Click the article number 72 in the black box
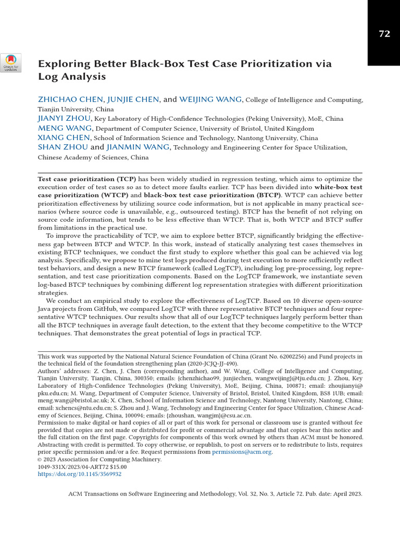[x=384, y=34]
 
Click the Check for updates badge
[x=11, y=63]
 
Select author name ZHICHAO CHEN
[x=70, y=99]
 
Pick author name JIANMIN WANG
[x=138, y=147]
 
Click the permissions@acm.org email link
[x=242, y=452]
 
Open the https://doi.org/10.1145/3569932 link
[x=79, y=474]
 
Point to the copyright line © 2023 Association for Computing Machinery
[x=99, y=460]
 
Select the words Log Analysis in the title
[x=72, y=77]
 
